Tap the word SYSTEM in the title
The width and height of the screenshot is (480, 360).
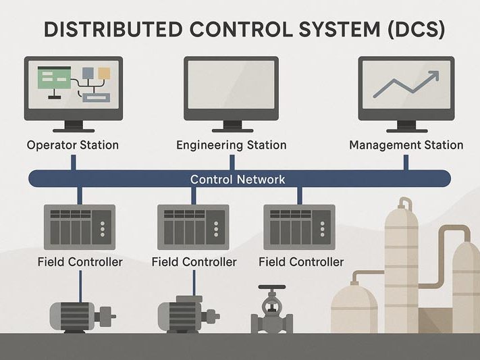[x=336, y=30]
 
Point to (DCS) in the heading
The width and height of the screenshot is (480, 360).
[x=419, y=30]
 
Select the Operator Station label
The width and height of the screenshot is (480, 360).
[x=73, y=145]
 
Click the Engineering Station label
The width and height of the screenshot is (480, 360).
[x=231, y=145]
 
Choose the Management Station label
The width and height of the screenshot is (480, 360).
[x=406, y=145]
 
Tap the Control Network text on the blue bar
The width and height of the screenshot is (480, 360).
[x=238, y=180]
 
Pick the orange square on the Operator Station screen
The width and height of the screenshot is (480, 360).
[x=104, y=73]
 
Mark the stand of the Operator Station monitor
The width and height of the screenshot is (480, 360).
[x=73, y=126]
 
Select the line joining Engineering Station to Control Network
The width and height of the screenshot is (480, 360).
[x=232, y=162]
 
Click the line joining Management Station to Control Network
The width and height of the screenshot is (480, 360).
[x=406, y=162]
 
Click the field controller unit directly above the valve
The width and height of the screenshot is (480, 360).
[x=297, y=226]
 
